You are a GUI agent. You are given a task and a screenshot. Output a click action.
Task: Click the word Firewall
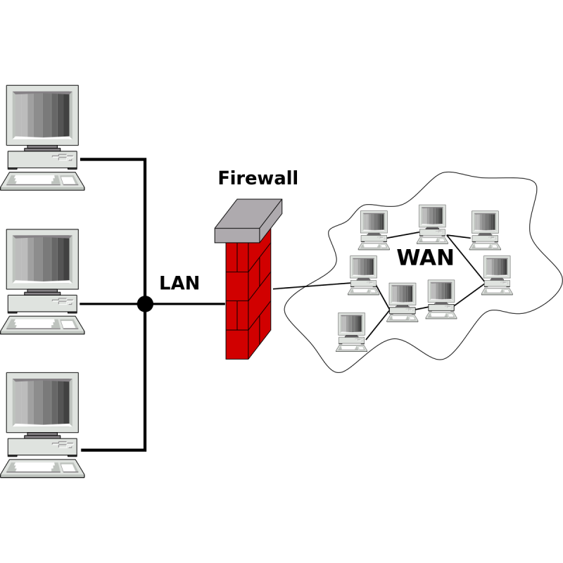coord(258,178)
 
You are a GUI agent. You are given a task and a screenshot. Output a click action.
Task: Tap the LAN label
coord(179,283)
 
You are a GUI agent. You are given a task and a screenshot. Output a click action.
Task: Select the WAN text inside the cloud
coord(426,258)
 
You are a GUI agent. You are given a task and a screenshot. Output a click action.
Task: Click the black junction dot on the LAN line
coord(145,304)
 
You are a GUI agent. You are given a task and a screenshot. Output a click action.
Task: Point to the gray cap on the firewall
coord(248,221)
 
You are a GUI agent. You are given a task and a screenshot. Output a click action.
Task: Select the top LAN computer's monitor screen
coord(42,115)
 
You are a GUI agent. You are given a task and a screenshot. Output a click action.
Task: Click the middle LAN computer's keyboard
coord(42,326)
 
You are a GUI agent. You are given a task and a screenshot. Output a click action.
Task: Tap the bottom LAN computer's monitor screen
coord(42,402)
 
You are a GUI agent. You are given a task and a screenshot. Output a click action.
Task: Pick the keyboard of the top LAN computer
coord(42,182)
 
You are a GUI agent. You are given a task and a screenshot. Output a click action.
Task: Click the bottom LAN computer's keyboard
coord(42,469)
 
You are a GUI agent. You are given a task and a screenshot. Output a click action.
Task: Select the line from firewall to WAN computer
coord(311,286)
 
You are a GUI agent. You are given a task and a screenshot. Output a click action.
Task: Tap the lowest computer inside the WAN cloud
coord(351,332)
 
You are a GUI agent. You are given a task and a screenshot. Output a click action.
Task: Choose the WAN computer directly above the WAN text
coord(432,224)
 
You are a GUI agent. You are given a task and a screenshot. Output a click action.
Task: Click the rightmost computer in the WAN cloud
coord(497,275)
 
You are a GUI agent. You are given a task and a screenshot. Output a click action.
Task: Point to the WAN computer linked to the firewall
coord(363,275)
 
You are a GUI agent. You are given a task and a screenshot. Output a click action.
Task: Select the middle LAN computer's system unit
coord(42,304)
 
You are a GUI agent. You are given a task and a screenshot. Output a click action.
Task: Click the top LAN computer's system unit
coord(42,160)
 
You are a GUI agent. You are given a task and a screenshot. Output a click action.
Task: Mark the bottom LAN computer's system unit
coord(42,447)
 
